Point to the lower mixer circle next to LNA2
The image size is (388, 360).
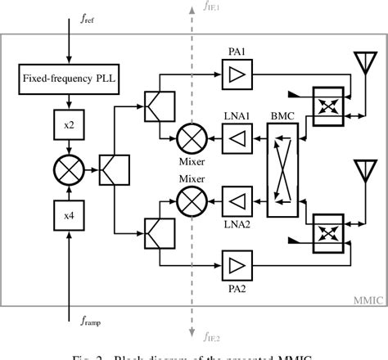click(186, 200)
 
